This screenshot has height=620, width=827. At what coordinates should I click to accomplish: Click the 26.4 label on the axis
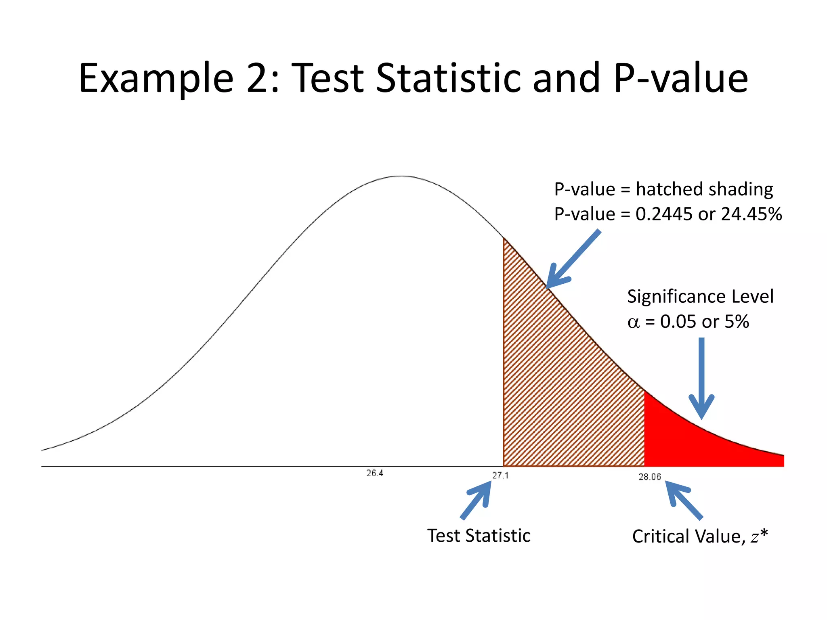click(375, 473)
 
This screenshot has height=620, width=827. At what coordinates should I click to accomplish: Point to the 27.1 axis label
click(500, 475)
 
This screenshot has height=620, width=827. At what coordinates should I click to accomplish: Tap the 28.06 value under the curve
click(649, 477)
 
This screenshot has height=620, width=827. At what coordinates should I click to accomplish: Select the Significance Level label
click(700, 296)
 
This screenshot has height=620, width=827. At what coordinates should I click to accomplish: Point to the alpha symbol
click(634, 322)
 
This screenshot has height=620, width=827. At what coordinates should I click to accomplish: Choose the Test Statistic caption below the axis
click(479, 536)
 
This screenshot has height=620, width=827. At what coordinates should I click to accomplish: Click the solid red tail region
click(686, 444)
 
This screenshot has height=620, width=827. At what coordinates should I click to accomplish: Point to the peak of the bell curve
click(401, 176)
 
